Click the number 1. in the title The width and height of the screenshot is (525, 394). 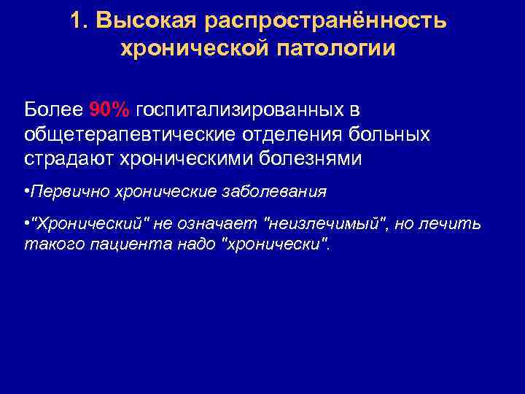point(80,21)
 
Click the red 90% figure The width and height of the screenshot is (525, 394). point(109,109)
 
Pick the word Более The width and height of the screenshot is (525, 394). point(53,109)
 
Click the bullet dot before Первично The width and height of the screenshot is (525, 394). point(26,192)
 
